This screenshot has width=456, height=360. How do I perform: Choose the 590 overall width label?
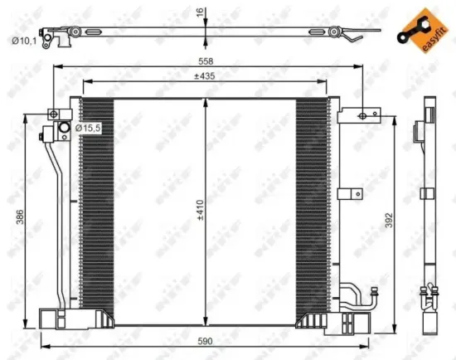204,341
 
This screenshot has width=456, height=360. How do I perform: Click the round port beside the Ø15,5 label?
63,129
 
